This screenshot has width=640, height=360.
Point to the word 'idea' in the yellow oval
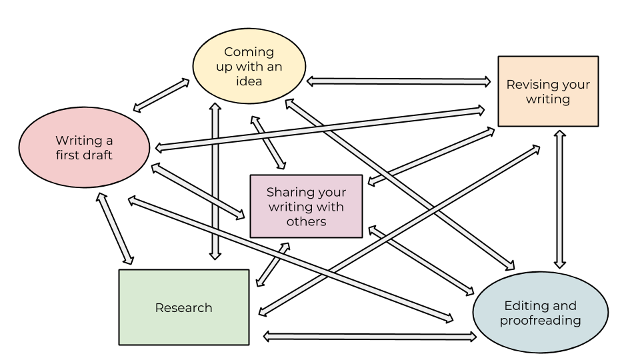click(x=249, y=81)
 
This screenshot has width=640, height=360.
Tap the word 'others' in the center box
click(x=306, y=221)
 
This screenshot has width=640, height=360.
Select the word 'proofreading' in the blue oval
click(x=540, y=321)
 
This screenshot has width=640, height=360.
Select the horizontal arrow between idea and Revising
click(x=399, y=81)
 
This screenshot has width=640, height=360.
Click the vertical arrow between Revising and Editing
click(x=559, y=199)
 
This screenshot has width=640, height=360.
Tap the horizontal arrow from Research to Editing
click(x=370, y=337)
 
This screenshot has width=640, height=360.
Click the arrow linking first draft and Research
click(x=115, y=228)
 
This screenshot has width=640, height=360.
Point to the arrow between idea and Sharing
click(x=268, y=143)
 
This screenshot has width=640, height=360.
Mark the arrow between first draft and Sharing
click(x=198, y=191)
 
